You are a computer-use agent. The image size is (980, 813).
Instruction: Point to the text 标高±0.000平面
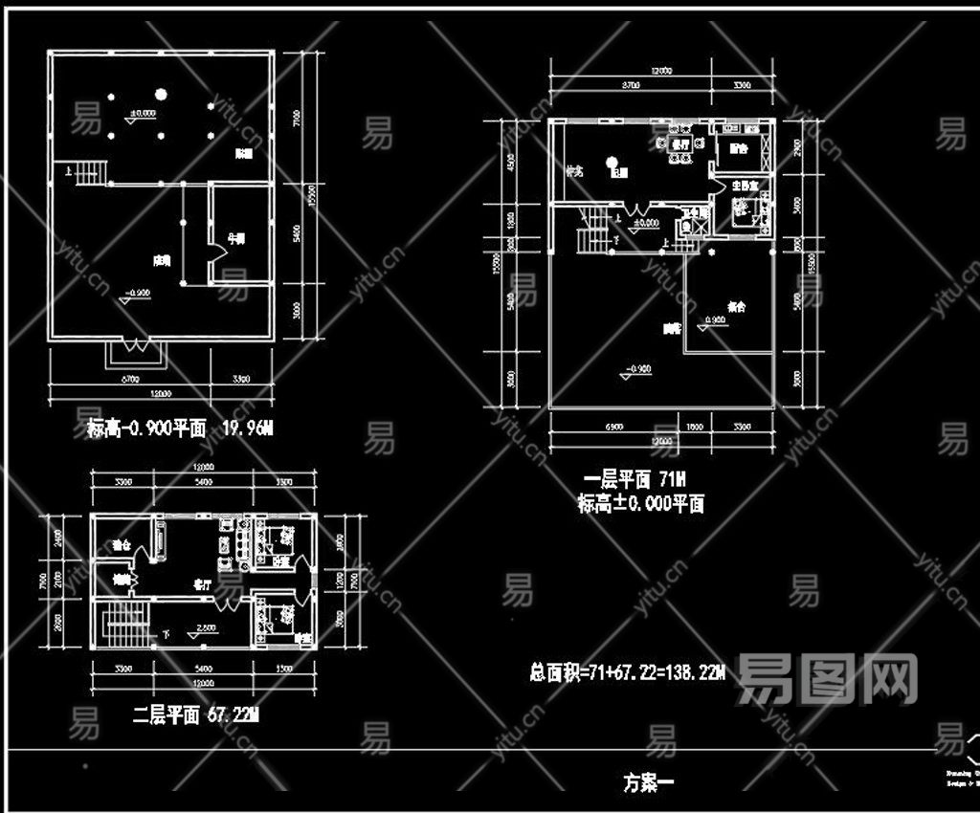[640, 503]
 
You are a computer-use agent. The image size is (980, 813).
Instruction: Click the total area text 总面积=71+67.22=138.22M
[628, 672]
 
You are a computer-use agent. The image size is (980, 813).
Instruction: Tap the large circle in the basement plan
[161, 94]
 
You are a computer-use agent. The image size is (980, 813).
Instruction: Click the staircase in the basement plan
[89, 173]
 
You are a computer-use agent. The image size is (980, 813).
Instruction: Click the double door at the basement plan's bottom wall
[136, 351]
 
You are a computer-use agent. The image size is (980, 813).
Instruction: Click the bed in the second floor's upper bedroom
[277, 544]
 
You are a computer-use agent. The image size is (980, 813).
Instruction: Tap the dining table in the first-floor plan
[679, 145]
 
